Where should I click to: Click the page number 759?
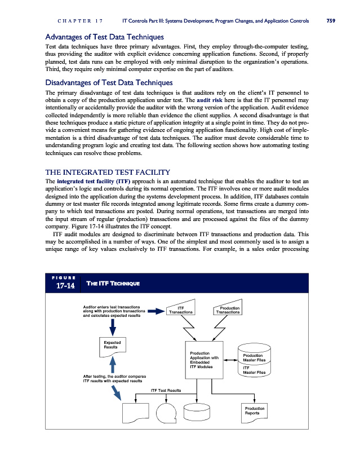coord(331,22)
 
